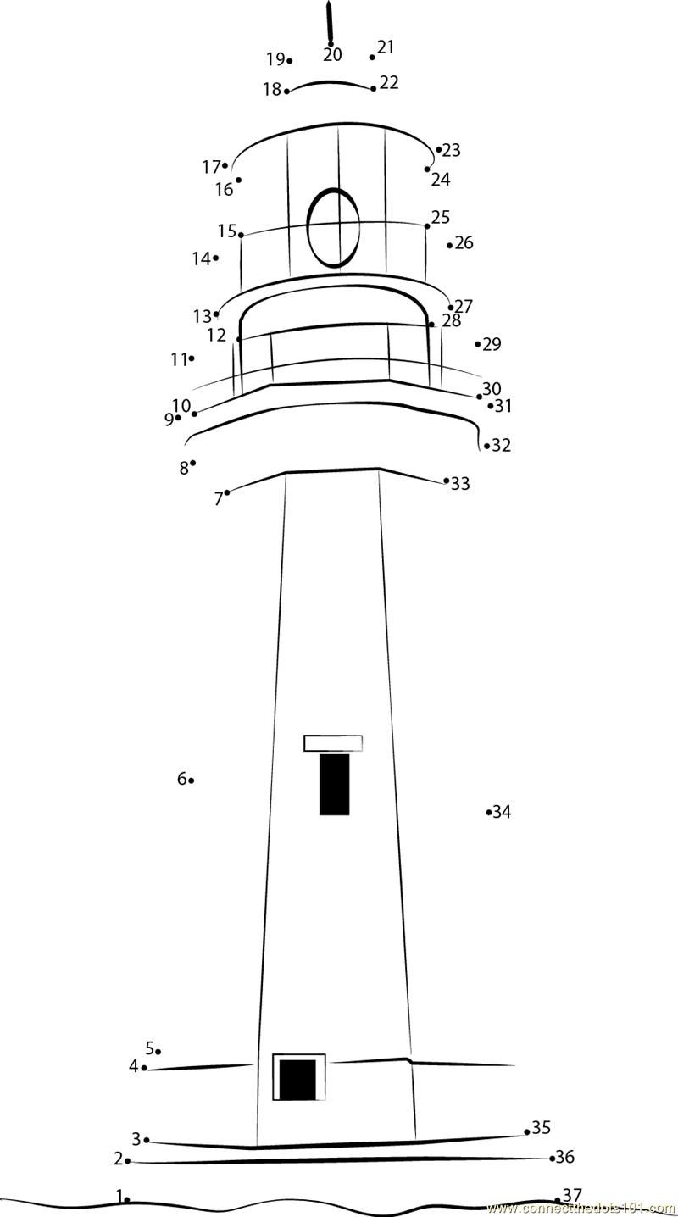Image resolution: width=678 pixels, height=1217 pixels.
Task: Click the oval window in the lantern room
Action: [308, 228]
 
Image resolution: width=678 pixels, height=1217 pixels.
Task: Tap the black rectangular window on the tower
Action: [334, 784]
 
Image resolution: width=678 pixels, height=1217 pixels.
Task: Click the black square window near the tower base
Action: [297, 1079]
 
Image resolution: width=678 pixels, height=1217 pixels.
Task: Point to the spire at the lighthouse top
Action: [329, 22]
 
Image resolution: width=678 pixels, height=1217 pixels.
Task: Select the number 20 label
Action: [332, 54]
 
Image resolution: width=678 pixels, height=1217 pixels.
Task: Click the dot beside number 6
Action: [192, 781]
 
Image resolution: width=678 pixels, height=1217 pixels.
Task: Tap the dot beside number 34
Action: [489, 812]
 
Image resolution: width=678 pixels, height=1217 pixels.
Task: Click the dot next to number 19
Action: [290, 61]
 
